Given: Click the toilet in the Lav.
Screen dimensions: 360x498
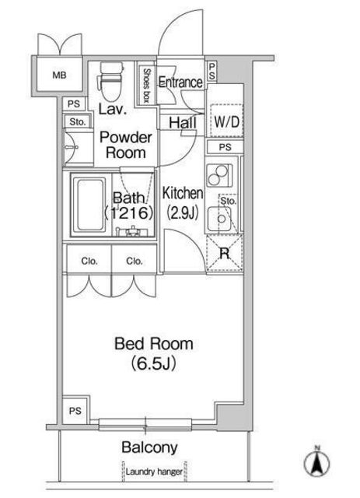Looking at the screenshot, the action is [x=111, y=81].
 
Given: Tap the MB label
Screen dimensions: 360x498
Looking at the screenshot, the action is [x=59, y=75].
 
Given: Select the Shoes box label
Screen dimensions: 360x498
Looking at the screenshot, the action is [x=146, y=85].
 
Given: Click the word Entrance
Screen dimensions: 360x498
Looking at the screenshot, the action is [x=180, y=82].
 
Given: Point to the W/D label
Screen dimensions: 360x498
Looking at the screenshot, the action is [x=227, y=121].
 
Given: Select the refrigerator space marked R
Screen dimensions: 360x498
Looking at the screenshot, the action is [x=225, y=253].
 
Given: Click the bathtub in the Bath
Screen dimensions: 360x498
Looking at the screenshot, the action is [x=91, y=205].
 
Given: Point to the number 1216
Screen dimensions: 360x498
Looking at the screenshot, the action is [x=129, y=212].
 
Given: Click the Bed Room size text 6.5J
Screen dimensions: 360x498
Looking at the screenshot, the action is [x=154, y=363].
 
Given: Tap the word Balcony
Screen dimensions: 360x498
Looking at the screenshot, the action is [x=149, y=447].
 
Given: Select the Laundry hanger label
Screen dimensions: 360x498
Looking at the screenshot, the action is [x=154, y=472].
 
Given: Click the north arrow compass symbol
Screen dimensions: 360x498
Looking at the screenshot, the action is [x=316, y=462].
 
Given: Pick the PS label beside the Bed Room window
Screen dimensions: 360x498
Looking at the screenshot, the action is [x=75, y=411].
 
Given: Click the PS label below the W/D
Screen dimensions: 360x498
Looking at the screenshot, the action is [x=225, y=147].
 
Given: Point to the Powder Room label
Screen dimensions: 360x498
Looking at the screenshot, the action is [x=126, y=145].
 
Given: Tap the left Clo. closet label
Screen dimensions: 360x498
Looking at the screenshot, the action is [x=89, y=261].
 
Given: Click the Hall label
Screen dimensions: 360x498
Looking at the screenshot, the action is [x=183, y=123].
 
